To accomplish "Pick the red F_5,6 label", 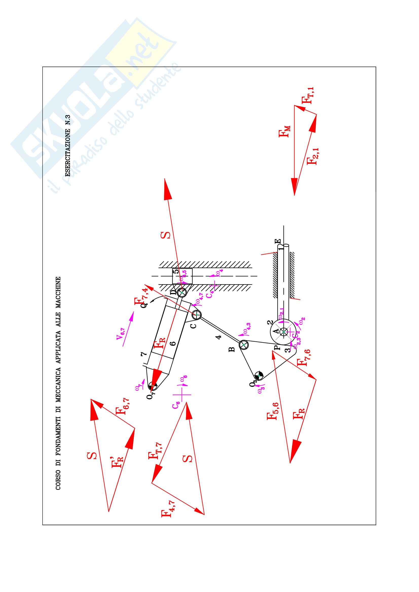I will pyautogui.click(x=272, y=411).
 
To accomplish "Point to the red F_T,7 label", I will pyautogui.click(x=155, y=451).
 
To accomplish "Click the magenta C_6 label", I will pyautogui.click(x=176, y=405).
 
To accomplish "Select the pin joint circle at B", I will pyautogui.click(x=243, y=345).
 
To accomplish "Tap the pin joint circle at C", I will pyautogui.click(x=197, y=315).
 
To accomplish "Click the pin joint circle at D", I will pyautogui.click(x=182, y=292).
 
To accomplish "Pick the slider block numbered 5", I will pyautogui.click(x=182, y=276).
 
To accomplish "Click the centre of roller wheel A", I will pyautogui.click(x=284, y=332).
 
